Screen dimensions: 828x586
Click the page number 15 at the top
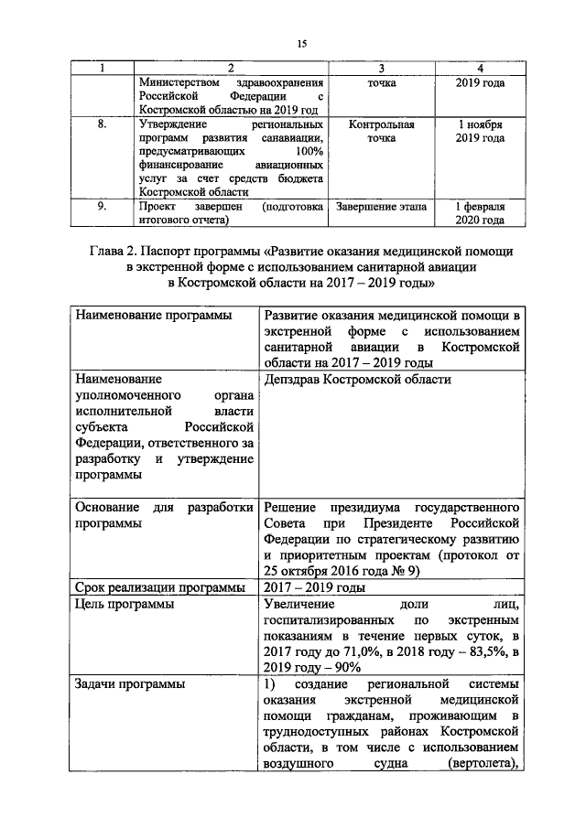tap(301, 44)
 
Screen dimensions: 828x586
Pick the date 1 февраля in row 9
tap(481, 208)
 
